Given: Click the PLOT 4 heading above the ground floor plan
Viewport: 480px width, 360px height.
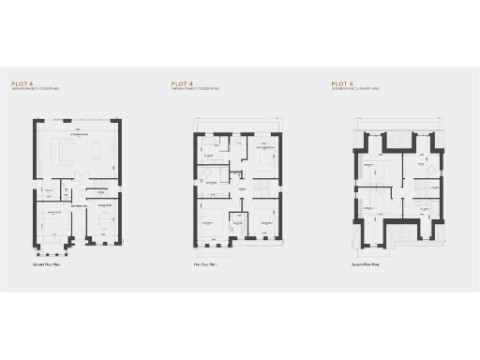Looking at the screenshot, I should pyautogui.click(x=22, y=83).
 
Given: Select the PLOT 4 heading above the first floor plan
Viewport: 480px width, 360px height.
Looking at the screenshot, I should pyautogui.click(x=182, y=83).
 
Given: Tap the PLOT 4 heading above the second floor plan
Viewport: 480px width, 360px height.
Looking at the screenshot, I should pyautogui.click(x=341, y=83).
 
